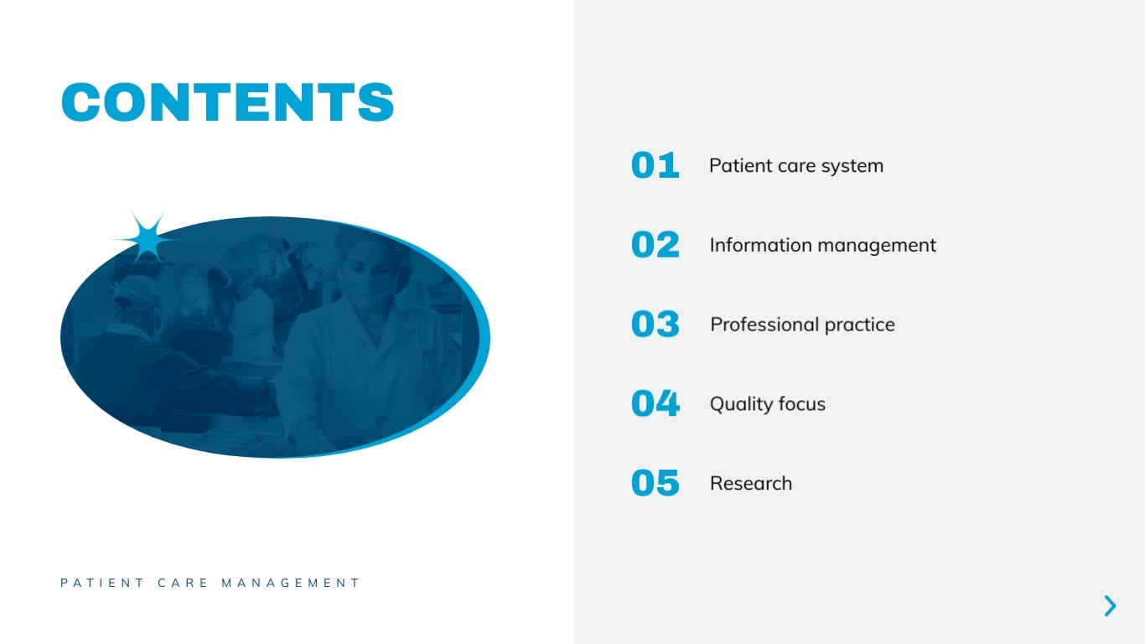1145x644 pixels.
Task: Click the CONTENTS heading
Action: [x=227, y=102]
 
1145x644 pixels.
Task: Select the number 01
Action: [x=655, y=165]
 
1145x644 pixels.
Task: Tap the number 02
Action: [x=655, y=245]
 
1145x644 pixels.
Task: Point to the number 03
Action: [x=655, y=325]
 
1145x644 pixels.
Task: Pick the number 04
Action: [x=655, y=403]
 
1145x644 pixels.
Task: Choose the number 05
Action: [x=655, y=483]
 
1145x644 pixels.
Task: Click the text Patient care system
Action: [x=795, y=165]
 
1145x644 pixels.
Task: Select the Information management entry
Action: [x=822, y=245]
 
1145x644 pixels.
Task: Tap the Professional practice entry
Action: [x=802, y=325]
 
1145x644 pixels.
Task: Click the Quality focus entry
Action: [x=767, y=404]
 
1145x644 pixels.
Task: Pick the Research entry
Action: [x=750, y=483]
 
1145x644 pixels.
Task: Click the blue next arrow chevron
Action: [x=1110, y=605]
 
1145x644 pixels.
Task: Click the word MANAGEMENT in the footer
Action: [x=290, y=583]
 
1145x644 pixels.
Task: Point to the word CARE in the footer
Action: [x=183, y=583]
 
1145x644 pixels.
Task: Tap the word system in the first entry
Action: [x=852, y=166]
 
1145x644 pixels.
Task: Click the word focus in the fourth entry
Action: [x=800, y=404]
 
